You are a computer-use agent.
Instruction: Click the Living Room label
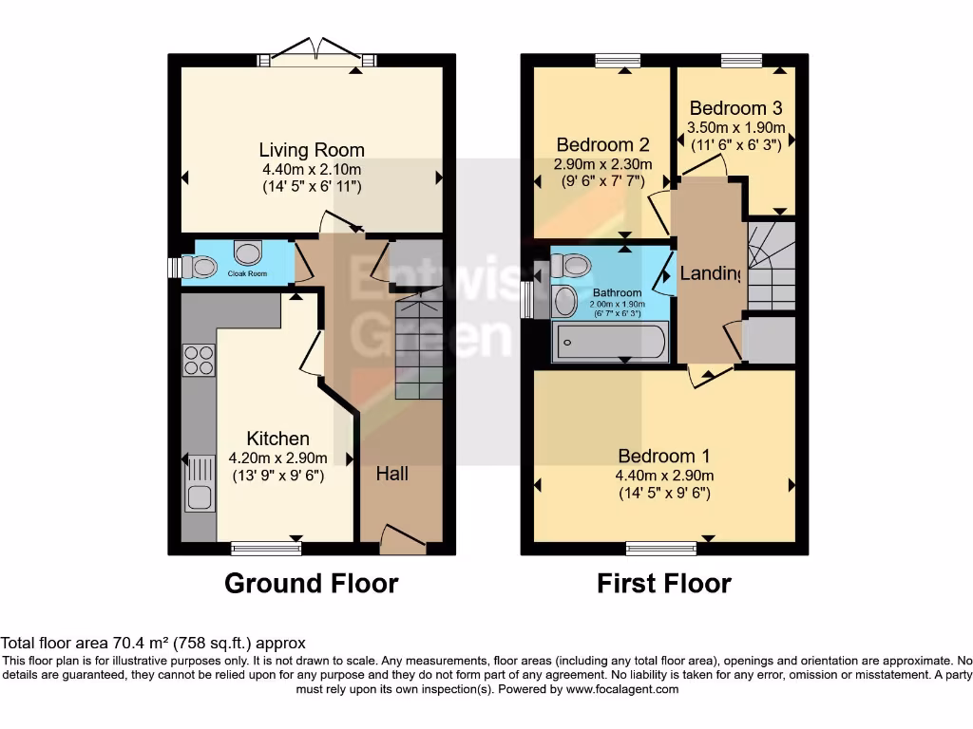pos(312,150)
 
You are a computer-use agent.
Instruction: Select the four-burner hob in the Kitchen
pos(199,360)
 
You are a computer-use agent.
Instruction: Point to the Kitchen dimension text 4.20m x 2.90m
pos(278,458)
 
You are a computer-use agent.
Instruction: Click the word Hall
pos(391,473)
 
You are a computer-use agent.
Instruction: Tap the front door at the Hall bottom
pos(402,541)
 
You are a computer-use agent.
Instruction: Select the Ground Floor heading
pos(311,583)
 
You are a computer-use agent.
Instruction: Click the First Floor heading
pos(663,583)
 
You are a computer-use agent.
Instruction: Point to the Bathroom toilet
pos(571,263)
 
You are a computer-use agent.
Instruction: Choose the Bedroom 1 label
pos(663,456)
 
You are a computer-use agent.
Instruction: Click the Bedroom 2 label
pos(602,144)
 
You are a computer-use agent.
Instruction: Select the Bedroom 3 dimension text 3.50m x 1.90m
pos(736,127)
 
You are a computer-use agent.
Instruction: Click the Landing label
pos(711,274)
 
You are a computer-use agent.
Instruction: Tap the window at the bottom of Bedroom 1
pos(661,548)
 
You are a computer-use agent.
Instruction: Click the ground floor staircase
pos(418,346)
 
